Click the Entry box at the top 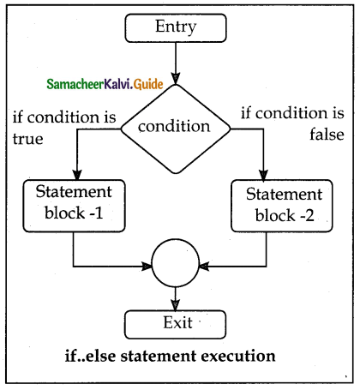click(x=175, y=27)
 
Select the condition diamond click(x=175, y=126)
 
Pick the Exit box click(x=175, y=323)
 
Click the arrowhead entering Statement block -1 click(x=75, y=175)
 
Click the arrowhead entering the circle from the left click(x=147, y=264)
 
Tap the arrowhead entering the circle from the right click(x=204, y=264)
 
